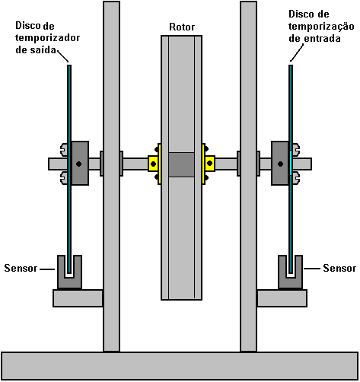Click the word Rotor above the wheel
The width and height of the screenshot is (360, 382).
[x=182, y=27]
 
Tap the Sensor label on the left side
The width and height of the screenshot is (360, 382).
[x=21, y=268]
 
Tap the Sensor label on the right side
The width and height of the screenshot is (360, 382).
[x=339, y=268]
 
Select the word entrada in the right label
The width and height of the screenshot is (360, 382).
[x=322, y=39]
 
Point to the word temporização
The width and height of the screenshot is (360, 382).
[x=321, y=27]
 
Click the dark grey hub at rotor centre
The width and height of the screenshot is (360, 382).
[x=182, y=164]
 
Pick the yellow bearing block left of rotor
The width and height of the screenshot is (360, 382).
[x=155, y=164]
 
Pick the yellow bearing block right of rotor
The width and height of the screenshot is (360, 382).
[x=209, y=164]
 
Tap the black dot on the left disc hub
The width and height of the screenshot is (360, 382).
[x=79, y=164]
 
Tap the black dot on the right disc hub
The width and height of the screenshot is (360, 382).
[x=280, y=164]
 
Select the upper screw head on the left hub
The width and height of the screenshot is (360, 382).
[x=64, y=149]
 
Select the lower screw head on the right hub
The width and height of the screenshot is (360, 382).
[x=296, y=177]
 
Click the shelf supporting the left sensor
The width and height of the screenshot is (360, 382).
[x=78, y=298]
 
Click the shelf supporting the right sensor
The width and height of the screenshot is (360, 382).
[x=282, y=298]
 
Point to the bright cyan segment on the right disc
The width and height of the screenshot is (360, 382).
[x=291, y=163]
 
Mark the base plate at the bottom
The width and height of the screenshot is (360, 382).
[x=180, y=365]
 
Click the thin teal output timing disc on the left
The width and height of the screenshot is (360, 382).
[x=69, y=169]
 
